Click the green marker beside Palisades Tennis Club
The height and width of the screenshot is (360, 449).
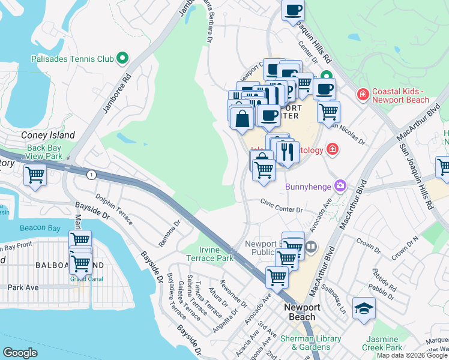point(123,59)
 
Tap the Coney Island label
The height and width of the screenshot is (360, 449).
point(48,135)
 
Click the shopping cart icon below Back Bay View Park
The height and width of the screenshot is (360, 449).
point(35,175)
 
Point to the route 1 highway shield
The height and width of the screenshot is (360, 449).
point(91,175)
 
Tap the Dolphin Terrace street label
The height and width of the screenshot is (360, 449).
point(114,208)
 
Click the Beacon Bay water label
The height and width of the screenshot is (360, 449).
point(37,228)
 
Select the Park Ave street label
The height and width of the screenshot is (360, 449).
point(23,287)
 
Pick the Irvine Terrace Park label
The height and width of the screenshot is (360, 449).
point(215,254)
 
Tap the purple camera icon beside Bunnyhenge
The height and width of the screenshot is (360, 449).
point(341,187)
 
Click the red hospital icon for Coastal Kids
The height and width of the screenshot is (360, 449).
point(362,95)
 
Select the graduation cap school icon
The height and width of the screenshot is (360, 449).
point(364,308)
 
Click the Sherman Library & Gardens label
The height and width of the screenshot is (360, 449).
point(310,343)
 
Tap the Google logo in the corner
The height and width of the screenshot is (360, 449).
point(20,353)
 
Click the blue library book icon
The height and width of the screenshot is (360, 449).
point(311,246)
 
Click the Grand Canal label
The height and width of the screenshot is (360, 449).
point(86,278)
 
